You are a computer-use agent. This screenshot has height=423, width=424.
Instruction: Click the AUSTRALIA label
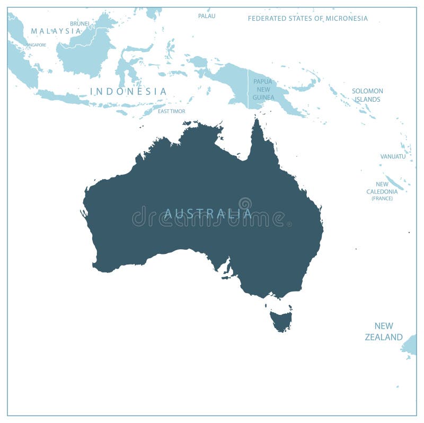tap(207, 213)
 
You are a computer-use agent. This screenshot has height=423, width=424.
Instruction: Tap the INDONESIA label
tap(128, 91)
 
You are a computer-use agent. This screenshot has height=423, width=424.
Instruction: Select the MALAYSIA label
tap(56, 31)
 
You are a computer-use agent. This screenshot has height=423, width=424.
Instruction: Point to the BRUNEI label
tap(79, 23)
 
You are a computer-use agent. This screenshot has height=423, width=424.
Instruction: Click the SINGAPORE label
tap(36, 45)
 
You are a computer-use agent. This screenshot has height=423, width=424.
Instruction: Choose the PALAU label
tap(207, 16)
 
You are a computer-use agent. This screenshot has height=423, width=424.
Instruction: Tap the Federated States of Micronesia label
tap(307, 19)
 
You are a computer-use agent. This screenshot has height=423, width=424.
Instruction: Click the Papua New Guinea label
tap(263, 89)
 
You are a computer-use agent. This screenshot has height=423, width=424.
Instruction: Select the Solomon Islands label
tap(367, 95)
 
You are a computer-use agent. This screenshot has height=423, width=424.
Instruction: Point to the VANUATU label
tap(393, 156)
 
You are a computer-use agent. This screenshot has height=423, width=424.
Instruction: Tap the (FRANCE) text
tap(382, 198)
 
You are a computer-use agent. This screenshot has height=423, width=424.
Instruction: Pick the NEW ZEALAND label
tap(384, 331)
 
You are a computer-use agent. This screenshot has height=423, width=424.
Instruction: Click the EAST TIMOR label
tap(171, 111)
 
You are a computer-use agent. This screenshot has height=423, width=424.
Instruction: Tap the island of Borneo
tap(87, 50)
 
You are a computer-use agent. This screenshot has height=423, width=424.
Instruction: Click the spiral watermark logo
tap(245, 204)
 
